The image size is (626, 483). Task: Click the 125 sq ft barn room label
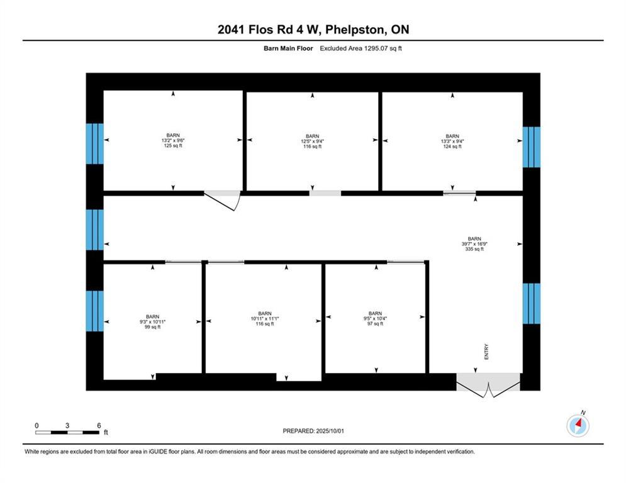[x=173, y=141]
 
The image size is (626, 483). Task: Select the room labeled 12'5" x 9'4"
[x=312, y=142]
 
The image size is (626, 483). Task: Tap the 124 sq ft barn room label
[x=452, y=142]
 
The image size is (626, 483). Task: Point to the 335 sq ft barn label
[x=474, y=244]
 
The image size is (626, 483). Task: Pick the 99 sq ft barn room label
[x=152, y=322]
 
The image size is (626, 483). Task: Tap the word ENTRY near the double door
[x=486, y=352]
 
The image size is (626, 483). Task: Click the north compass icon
[x=578, y=426]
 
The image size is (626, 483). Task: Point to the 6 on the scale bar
[x=99, y=425]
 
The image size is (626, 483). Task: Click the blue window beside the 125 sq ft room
[x=95, y=143]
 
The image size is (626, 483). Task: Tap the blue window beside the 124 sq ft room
[x=532, y=147]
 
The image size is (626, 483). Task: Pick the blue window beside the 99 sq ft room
[x=95, y=310]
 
